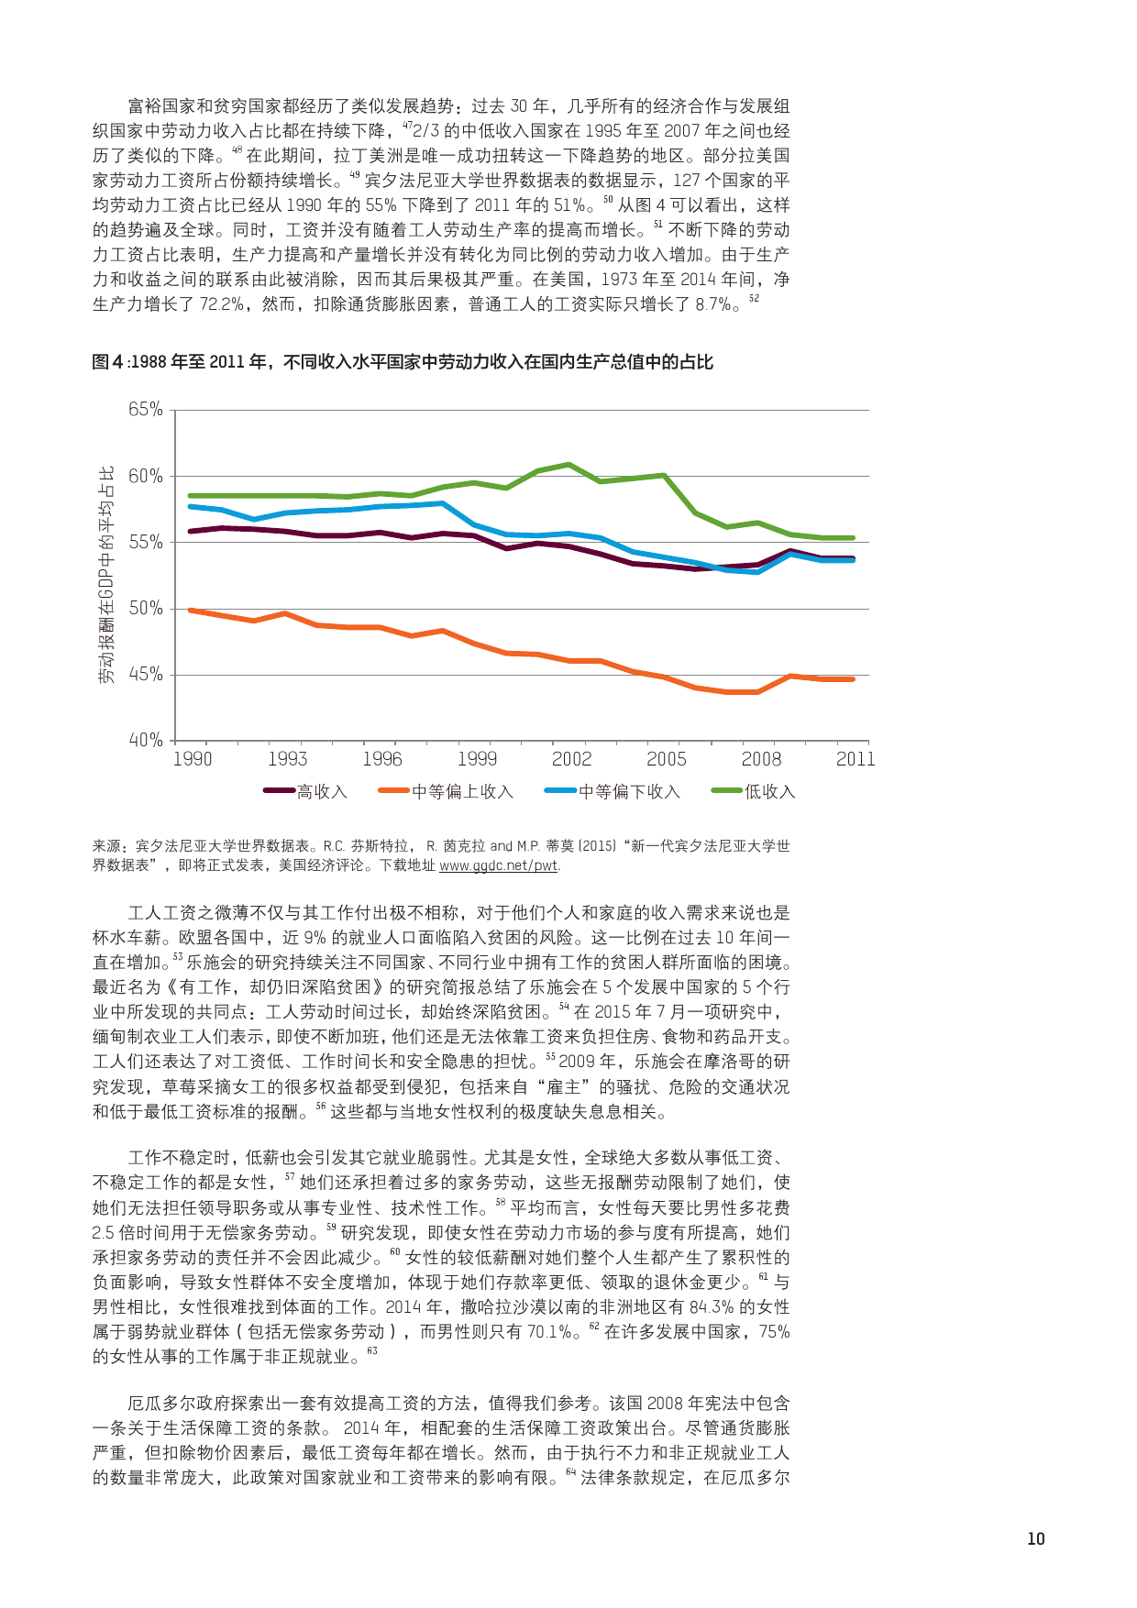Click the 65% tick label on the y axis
pyautogui.click(x=146, y=410)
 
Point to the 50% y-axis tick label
pyautogui.click(x=146, y=609)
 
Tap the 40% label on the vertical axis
pyautogui.click(x=146, y=740)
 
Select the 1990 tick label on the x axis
pyautogui.click(x=193, y=759)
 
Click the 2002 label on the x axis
pyautogui.click(x=571, y=759)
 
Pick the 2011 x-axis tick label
pyautogui.click(x=855, y=759)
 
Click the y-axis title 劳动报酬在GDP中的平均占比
pyautogui.click(x=108, y=575)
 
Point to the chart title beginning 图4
pyautogui.click(x=403, y=362)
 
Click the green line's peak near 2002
pyautogui.click(x=569, y=464)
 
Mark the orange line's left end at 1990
pyautogui.click(x=190, y=610)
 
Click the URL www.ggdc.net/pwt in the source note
pyautogui.click(x=498, y=865)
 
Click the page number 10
pyautogui.click(x=1036, y=1539)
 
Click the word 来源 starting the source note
pyautogui.click(x=107, y=846)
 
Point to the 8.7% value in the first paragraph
pyautogui.click(x=712, y=304)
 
